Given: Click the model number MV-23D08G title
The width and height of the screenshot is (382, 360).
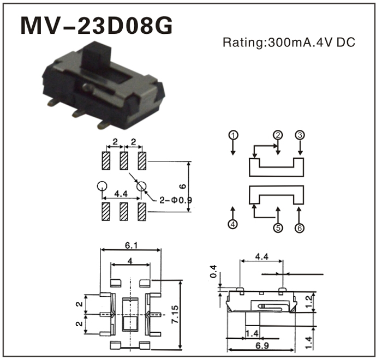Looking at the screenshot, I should [x=97, y=26].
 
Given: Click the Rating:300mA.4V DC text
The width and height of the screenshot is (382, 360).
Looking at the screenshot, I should [x=289, y=43].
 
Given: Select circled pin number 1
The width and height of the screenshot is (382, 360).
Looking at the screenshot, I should [x=233, y=135].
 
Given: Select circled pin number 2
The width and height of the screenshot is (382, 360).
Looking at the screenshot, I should [x=278, y=135].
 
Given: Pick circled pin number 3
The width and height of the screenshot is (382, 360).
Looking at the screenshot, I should [x=300, y=135].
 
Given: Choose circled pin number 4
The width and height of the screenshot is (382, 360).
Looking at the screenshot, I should [x=233, y=224].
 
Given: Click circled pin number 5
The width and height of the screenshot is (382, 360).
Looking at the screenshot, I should [x=278, y=228].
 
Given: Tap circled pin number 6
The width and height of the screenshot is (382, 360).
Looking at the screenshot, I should [x=300, y=228].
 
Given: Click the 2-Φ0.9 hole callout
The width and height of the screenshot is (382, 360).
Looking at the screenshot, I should [x=176, y=200].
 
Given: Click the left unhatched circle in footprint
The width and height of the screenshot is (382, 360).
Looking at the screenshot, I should [x=101, y=185].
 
